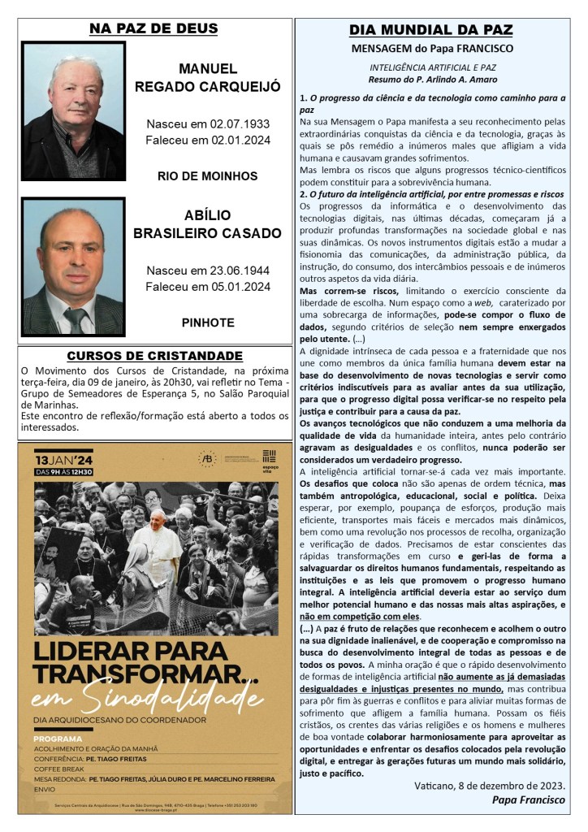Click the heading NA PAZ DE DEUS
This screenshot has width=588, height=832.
(x=153, y=29)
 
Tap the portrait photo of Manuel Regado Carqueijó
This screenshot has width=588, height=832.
(x=73, y=110)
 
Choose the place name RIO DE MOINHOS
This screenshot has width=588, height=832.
(x=207, y=176)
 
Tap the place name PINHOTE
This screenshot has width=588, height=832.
(x=208, y=322)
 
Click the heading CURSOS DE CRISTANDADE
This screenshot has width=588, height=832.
(x=154, y=356)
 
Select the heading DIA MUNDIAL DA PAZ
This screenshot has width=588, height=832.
(x=430, y=30)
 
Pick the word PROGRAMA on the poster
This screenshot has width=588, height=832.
(x=58, y=739)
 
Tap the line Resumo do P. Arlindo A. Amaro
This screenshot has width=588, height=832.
(x=431, y=80)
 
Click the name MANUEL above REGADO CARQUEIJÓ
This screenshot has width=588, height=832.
(x=207, y=68)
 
